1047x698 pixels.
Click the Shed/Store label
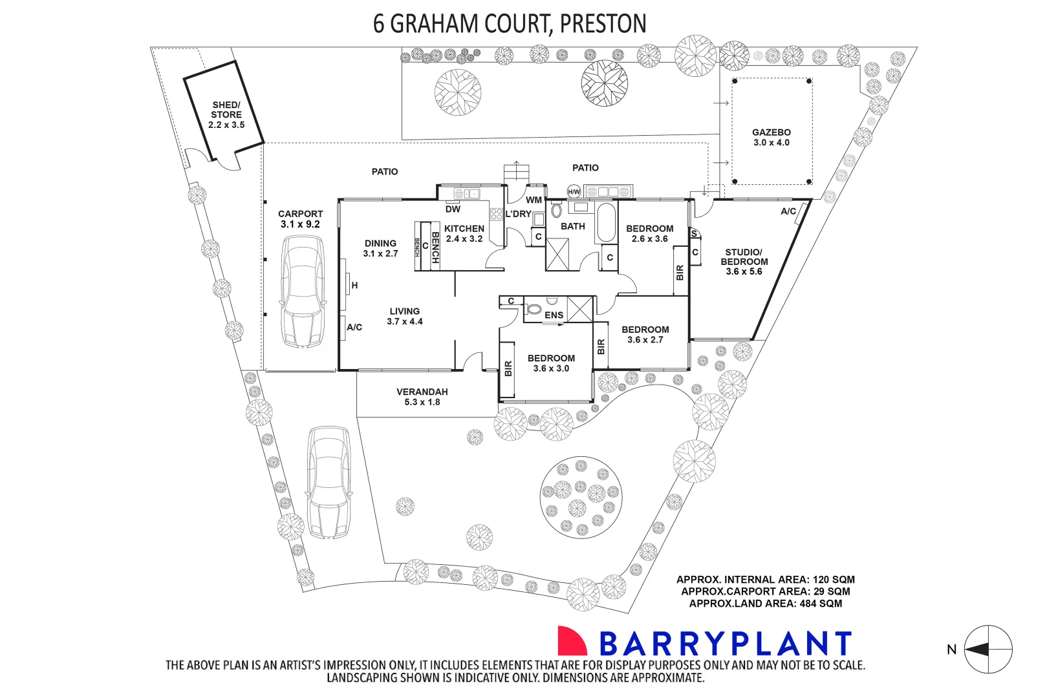226,114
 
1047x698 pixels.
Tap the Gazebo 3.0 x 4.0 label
771,137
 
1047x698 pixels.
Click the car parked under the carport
301,291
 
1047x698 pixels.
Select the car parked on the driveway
329,481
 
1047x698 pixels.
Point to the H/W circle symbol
574,191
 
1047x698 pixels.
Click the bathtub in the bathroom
606,222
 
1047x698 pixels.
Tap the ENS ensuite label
554,315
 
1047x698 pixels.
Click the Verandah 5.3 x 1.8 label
422,397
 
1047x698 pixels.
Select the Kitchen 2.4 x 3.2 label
464,233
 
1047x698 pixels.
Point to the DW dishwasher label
453,209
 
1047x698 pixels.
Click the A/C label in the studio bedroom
788,211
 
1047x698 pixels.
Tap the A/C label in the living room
354,328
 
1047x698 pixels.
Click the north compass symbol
988,650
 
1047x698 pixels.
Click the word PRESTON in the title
603,24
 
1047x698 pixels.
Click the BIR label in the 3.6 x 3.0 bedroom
508,369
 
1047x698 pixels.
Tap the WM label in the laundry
534,200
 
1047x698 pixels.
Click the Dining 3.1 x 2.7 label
380,248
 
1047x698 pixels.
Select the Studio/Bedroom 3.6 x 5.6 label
744,262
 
